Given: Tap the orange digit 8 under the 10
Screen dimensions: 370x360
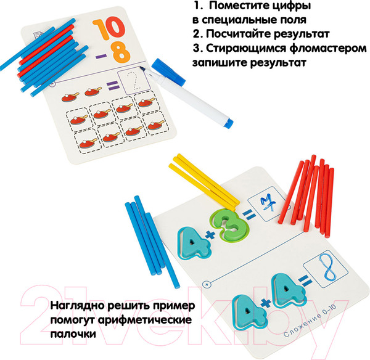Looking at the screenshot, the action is click(x=121, y=55).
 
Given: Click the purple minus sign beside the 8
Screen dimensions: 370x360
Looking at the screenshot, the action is click(x=101, y=56).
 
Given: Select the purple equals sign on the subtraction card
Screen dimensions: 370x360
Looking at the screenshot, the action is click(x=113, y=86).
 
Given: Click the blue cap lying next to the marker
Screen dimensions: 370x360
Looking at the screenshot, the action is click(x=168, y=72).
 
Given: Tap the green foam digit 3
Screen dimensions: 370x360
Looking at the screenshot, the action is click(x=229, y=226).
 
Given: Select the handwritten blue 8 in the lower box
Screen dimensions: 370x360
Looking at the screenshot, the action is click(x=327, y=268).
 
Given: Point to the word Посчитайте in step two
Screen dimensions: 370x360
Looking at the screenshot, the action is click(x=239, y=34).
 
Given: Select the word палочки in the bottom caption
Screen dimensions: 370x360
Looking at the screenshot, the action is click(x=73, y=334).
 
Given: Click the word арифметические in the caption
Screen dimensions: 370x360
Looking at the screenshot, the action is click(x=145, y=320).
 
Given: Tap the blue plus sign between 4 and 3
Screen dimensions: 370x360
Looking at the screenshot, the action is click(x=210, y=235).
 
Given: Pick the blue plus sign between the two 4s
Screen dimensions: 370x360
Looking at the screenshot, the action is click(x=266, y=303).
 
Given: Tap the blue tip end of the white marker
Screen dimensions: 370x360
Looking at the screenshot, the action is click(x=228, y=124).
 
